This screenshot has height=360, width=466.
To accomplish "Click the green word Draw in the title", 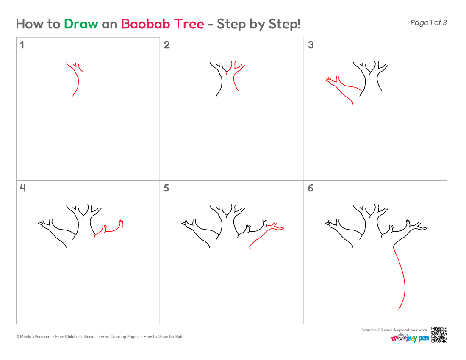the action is pos(81,24).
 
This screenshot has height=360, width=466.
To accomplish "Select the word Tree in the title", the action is pos(189,24).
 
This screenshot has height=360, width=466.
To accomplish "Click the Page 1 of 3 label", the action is pos(428,22).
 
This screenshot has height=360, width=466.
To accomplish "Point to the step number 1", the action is pos(22,45).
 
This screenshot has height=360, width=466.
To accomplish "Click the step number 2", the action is pos(167,45).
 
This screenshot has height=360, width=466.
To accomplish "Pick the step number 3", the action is pos(311,45).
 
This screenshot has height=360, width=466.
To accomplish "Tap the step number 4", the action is pos(22,188).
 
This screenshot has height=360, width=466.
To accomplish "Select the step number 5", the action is pos(166,188).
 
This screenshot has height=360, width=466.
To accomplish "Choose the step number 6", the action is pos(311,188).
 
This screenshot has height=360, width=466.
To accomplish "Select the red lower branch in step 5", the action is pos(263,236).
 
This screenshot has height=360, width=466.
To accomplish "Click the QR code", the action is pos(439,335).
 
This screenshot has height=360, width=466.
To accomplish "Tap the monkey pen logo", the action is pos(410,338).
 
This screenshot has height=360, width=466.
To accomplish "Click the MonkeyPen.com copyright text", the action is pos(33,337).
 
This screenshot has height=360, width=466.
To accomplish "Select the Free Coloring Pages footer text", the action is pos(119,337).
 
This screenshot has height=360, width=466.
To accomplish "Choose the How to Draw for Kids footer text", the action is pos(163,337).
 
